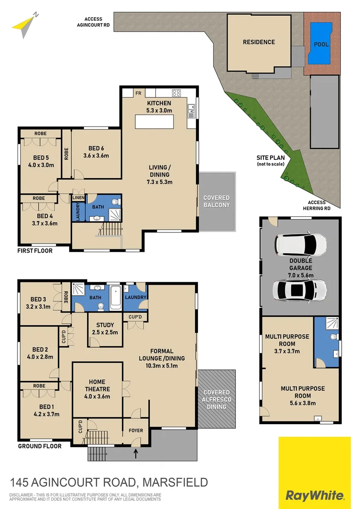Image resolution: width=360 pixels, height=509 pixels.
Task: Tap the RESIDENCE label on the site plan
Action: point(259,42)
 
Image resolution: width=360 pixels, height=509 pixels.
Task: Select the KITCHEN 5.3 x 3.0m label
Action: point(159,107)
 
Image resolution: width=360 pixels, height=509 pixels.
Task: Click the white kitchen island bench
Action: point(160,122)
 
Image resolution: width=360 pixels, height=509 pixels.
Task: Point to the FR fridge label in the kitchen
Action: point(139,93)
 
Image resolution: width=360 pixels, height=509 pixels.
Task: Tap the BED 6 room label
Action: point(96,152)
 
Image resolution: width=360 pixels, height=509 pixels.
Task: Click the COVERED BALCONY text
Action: point(216,201)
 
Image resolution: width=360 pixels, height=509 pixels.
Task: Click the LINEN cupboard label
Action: point(78,197)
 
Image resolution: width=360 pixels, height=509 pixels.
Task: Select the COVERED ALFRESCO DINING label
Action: point(216,399)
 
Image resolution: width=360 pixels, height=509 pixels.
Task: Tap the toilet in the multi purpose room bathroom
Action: point(334,337)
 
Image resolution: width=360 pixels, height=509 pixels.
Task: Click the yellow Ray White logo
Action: point(314,473)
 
